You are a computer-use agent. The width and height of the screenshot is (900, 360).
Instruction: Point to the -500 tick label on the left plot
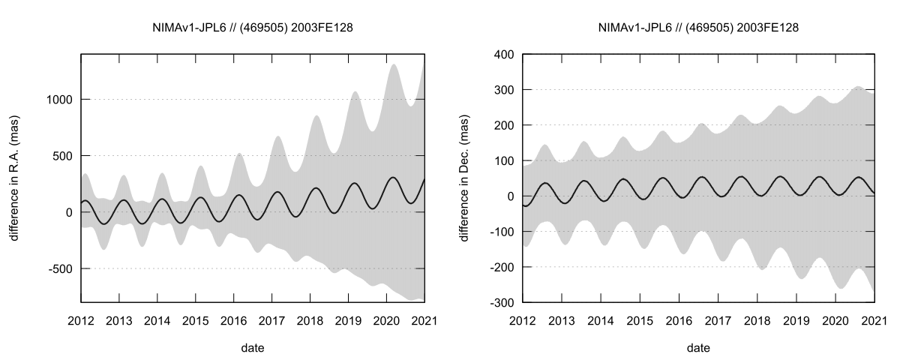click(61, 268)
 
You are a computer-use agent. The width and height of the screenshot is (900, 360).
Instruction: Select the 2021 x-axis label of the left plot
click(424, 320)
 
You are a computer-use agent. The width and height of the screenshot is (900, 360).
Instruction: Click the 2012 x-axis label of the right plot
click(523, 320)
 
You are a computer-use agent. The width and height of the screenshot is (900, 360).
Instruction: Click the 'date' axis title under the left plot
click(253, 348)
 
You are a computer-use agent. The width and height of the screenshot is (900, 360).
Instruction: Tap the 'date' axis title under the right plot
click(698, 348)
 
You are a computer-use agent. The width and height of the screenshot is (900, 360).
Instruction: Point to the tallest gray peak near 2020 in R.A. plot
click(394, 65)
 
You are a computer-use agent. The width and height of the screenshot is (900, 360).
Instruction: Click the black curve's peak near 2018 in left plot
click(316, 187)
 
